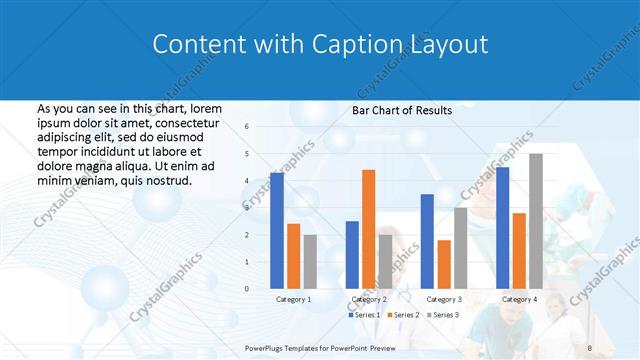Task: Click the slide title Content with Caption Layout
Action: (320, 45)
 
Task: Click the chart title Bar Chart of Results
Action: (401, 110)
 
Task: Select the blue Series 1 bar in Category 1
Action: (277, 231)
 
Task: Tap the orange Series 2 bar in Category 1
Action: (293, 256)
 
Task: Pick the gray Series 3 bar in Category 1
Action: (310, 262)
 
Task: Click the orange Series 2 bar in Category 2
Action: (368, 229)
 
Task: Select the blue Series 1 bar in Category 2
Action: (352, 255)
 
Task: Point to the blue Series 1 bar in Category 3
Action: (427, 241)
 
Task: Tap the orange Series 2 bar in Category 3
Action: (444, 264)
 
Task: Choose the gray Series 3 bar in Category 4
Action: (536, 221)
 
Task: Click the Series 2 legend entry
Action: (402, 315)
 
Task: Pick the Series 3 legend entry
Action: (441, 315)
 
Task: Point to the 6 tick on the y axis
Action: (247, 127)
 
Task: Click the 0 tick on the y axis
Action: (247, 289)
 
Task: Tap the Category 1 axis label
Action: (293, 299)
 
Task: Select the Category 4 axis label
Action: (519, 299)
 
